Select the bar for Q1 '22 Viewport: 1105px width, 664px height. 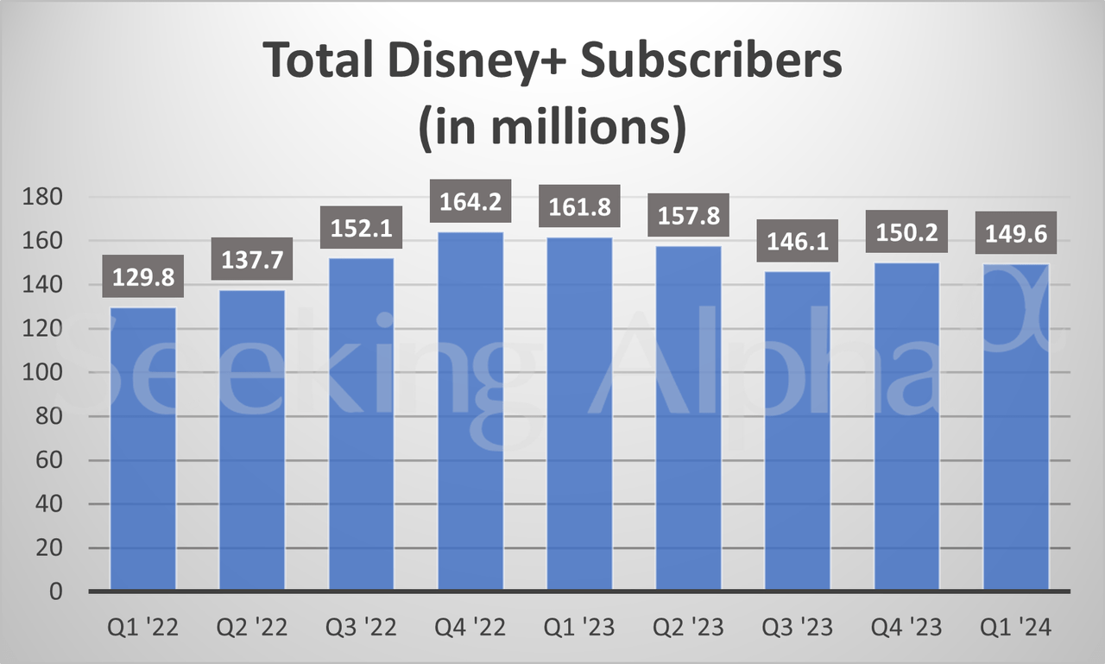pyautogui.click(x=143, y=449)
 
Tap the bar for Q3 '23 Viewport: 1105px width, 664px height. pyautogui.click(x=798, y=431)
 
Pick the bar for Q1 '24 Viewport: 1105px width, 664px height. pyautogui.click(x=1016, y=427)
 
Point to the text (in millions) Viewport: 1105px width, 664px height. pyautogui.click(x=552, y=126)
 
